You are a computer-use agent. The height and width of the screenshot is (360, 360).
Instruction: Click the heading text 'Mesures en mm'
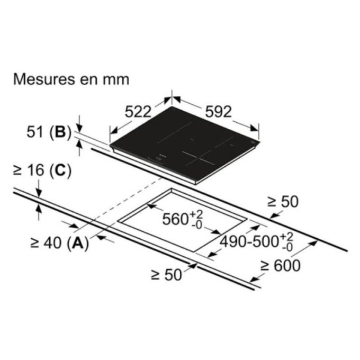tap(71, 79)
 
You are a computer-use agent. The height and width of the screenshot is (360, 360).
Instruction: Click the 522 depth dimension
tap(138, 112)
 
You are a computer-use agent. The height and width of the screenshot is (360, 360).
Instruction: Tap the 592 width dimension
tap(218, 112)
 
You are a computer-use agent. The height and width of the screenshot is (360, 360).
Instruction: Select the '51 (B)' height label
tap(49, 132)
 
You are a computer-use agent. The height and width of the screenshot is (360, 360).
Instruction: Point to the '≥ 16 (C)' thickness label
tap(42, 170)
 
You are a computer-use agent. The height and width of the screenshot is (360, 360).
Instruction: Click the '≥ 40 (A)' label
tap(59, 243)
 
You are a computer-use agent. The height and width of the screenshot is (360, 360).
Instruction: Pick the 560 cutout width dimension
tap(183, 219)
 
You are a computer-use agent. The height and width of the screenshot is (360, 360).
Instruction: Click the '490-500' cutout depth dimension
tap(257, 241)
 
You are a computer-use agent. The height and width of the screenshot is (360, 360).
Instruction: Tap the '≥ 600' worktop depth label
tap(281, 266)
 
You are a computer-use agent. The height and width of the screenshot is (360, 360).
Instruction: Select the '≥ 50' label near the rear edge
tap(283, 202)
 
